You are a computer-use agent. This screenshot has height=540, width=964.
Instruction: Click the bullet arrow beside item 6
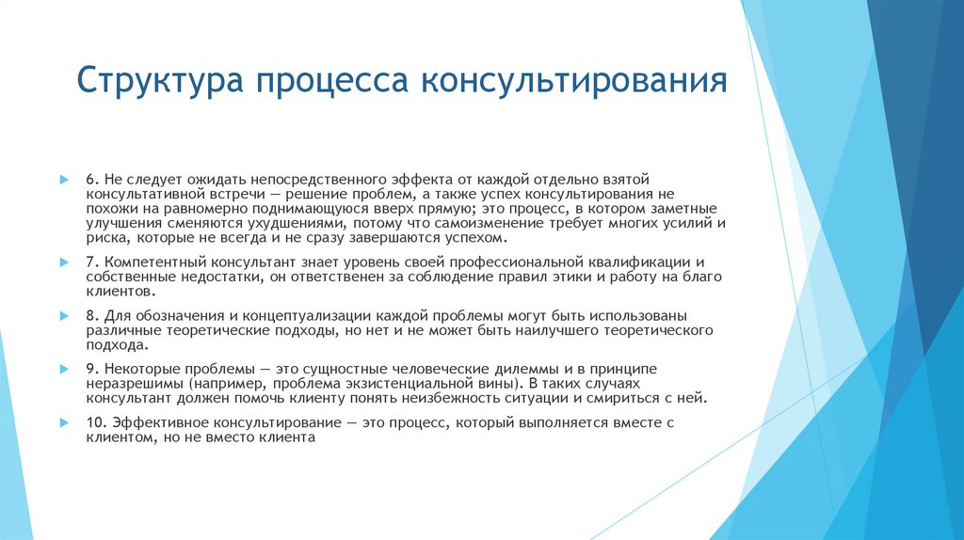tap(64, 179)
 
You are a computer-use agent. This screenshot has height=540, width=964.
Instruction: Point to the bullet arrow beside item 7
tap(64, 261)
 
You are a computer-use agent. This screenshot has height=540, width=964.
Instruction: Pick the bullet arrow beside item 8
tap(64, 315)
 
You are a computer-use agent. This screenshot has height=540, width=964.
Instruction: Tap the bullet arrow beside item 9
tap(64, 368)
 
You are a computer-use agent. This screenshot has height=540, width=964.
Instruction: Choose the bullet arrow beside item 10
tap(64, 422)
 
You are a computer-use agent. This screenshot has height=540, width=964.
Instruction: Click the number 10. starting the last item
tap(98, 422)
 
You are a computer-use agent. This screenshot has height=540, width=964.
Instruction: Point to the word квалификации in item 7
tap(648, 261)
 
